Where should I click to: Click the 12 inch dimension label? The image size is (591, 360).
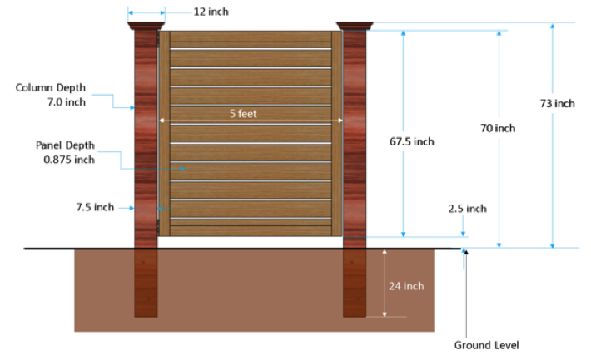point(211,12)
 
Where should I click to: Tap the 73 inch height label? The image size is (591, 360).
point(557,103)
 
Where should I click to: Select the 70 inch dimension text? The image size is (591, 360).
point(498,128)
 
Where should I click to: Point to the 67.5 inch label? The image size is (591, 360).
point(411,141)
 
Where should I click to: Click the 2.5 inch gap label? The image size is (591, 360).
point(467,208)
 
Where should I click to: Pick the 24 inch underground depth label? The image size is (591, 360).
point(406,286)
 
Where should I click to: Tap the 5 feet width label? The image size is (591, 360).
point(243,113)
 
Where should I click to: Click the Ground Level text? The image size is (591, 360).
point(487,345)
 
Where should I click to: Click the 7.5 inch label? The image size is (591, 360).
point(95,207)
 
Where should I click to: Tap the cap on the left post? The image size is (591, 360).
point(147,26)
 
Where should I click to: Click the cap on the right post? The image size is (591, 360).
point(355,26)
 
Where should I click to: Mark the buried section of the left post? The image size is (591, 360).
point(146,283)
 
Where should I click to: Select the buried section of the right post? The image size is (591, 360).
point(355,283)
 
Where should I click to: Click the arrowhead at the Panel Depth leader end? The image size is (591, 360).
point(182,169)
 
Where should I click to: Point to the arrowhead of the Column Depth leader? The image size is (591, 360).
point(132,108)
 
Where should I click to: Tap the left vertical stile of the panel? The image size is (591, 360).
point(164,133)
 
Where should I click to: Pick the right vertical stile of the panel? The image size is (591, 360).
point(337,133)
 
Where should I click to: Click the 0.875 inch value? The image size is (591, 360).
point(69,160)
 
